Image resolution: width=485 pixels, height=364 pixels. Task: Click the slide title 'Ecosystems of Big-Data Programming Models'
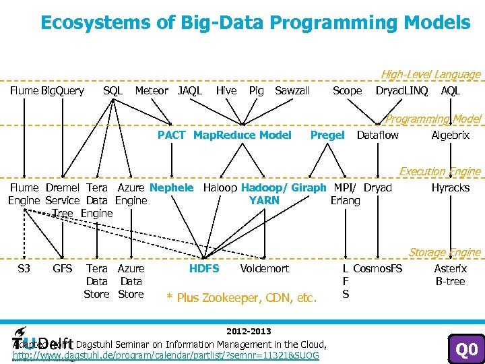click(x=255, y=22)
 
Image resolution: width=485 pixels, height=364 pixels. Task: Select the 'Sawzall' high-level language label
click(x=292, y=90)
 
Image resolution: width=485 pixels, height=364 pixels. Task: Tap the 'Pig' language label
click(x=256, y=90)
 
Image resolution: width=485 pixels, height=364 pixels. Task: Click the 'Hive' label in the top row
click(x=226, y=90)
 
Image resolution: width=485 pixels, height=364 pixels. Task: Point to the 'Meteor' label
click(x=152, y=90)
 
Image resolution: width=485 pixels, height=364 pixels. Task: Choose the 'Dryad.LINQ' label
click(x=401, y=90)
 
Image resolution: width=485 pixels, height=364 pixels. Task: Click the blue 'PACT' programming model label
click(x=171, y=135)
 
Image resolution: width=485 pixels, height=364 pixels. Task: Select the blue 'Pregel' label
click(x=327, y=135)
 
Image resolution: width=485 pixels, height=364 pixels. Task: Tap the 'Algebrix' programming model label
click(x=451, y=135)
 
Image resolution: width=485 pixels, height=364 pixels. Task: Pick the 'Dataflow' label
click(x=377, y=135)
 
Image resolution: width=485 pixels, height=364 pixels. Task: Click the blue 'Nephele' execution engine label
click(x=171, y=187)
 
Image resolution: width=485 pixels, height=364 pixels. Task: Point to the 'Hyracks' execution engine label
click(x=451, y=187)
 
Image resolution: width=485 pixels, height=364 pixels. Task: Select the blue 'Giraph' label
click(x=310, y=187)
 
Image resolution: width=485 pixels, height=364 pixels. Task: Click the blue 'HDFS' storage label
click(x=204, y=268)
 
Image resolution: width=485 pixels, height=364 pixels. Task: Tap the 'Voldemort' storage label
click(x=264, y=268)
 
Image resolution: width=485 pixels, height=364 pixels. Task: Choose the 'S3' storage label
click(x=24, y=268)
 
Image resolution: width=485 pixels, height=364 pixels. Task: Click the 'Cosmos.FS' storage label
click(x=378, y=268)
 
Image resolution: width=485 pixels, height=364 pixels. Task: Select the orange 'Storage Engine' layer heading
click(x=445, y=253)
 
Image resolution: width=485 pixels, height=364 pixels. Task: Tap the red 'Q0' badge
click(x=467, y=350)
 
